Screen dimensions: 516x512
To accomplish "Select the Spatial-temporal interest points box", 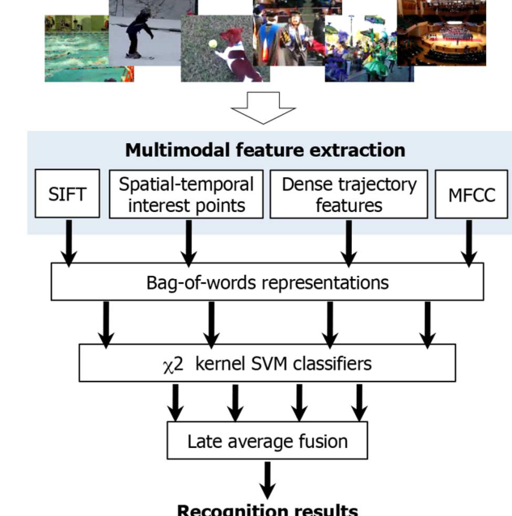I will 186,195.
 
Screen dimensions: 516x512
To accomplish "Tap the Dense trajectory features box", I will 349,195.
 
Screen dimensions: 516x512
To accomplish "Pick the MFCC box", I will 471,195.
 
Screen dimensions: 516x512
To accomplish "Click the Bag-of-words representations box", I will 267,283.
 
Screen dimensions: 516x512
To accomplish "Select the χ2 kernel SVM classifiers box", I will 267,363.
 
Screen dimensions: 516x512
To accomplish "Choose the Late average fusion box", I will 267,442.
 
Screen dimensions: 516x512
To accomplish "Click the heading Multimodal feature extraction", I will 264,150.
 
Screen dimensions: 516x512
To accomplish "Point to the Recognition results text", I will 267,510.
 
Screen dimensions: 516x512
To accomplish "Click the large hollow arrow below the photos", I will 264,108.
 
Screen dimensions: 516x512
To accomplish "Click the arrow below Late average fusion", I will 267,479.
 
